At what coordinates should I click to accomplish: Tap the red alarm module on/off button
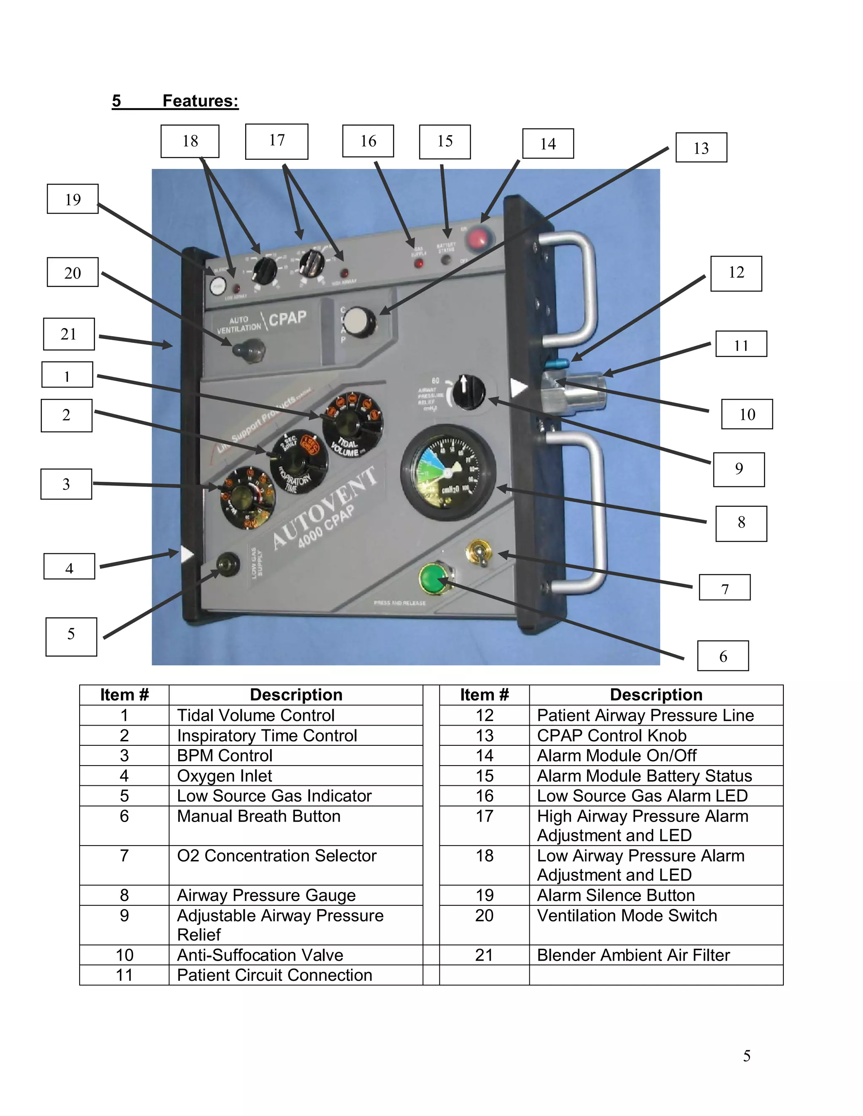[x=480, y=238]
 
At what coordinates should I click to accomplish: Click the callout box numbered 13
[x=701, y=148]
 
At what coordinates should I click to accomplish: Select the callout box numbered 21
[x=69, y=334]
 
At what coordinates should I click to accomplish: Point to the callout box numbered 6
[x=722, y=656]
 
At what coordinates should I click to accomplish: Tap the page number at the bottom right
[x=746, y=1056]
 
